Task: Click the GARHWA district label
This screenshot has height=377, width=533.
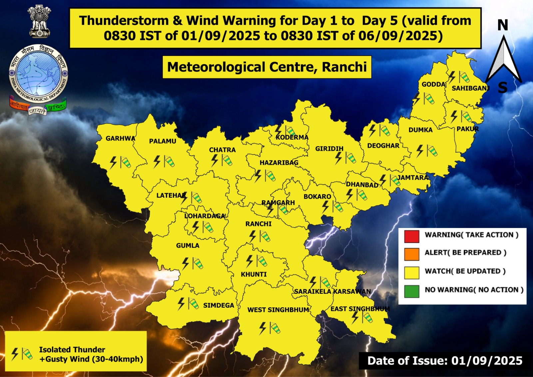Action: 120,138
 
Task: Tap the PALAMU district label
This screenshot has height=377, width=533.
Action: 163,141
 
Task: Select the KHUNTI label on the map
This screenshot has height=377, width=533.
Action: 254,274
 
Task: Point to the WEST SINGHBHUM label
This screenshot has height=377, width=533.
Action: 278,310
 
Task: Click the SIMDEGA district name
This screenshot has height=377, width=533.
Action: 219,305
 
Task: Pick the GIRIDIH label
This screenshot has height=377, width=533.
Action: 329,149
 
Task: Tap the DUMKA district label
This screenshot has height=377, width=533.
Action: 420,130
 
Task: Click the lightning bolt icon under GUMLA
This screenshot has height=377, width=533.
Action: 186,263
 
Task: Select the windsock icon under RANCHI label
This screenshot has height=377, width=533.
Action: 265,237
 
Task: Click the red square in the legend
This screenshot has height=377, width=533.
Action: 412,236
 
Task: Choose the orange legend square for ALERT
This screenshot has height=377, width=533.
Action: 412,254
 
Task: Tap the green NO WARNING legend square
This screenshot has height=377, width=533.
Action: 412,291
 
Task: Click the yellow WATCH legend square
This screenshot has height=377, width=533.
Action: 412,273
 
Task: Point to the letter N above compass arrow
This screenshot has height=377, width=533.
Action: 503,25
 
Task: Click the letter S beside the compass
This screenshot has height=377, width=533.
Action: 502,88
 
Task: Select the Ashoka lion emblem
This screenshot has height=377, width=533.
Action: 39,21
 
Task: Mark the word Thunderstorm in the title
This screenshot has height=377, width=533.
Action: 124,21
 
